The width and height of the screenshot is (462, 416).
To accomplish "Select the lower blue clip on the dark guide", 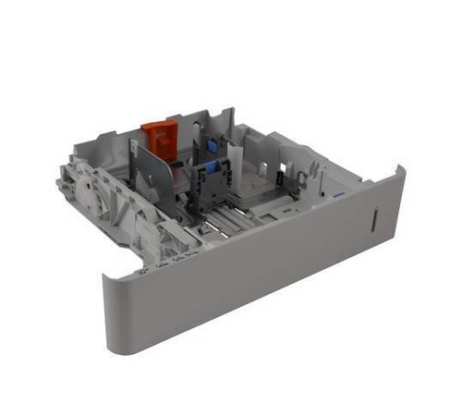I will point(212,168).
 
